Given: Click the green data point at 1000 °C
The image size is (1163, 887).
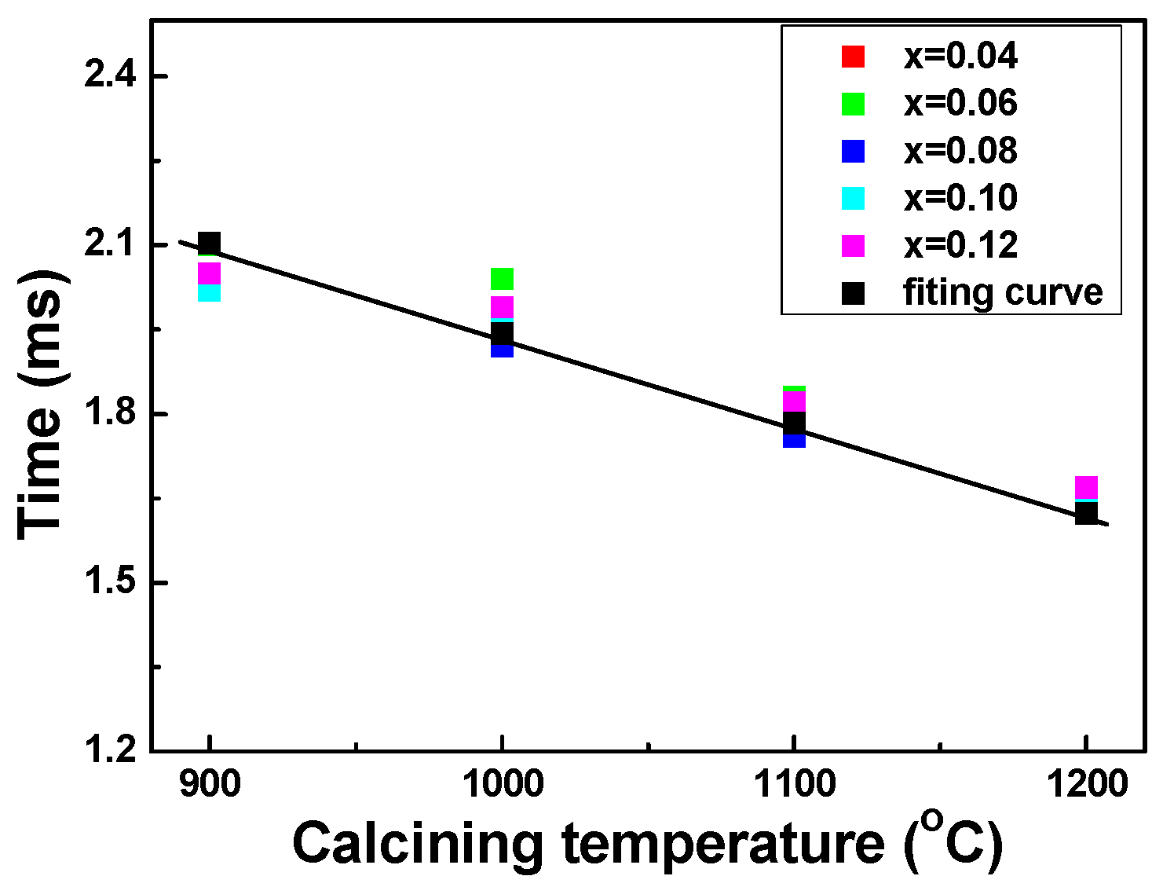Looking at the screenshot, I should click(502, 278).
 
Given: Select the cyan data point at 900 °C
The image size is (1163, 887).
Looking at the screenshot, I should click(209, 292).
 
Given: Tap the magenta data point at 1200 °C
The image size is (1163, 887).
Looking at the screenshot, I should click(1086, 487).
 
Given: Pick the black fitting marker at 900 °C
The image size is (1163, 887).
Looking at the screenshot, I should click(209, 244).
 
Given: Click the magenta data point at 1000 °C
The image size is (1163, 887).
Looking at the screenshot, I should click(502, 306).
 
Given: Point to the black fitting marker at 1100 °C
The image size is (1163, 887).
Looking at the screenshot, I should click(794, 423).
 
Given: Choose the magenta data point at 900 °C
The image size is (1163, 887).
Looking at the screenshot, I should click(209, 273).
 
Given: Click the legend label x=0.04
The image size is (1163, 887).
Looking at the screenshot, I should click(960, 57).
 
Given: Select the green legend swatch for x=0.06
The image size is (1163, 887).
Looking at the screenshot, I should click(853, 104).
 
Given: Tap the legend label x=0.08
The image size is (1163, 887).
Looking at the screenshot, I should click(960, 151).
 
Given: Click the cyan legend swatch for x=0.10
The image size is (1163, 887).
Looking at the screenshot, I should click(853, 198).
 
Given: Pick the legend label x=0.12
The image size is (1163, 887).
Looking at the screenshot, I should click(960, 245).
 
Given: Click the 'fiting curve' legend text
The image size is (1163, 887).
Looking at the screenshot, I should click(1003, 292).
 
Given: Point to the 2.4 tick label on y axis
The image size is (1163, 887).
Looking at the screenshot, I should click(110, 76).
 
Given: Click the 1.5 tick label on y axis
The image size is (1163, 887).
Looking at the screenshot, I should click(110, 583).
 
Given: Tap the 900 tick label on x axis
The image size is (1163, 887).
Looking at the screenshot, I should click(209, 784).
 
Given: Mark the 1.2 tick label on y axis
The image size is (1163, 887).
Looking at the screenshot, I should click(110, 751).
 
